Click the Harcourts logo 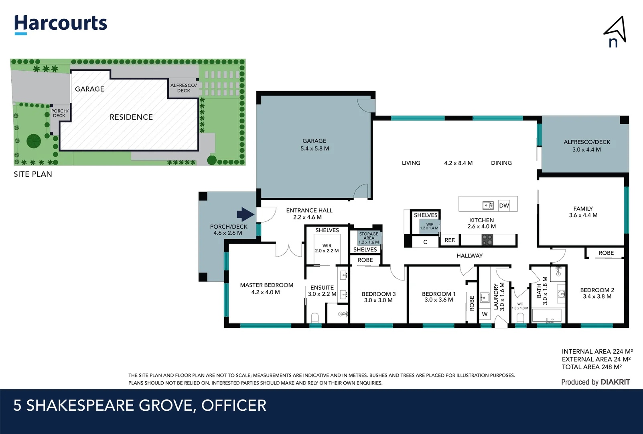click(61, 24)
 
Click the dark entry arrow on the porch click(245, 214)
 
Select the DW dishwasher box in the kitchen click(504, 205)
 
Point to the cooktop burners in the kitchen click(487, 240)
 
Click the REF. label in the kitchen click(450, 240)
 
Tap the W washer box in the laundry click(485, 314)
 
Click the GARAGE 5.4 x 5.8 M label click(314, 145)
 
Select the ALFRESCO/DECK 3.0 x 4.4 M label click(586, 145)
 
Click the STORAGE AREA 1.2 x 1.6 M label click(369, 238)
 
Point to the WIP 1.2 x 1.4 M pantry click(430, 226)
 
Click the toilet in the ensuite click(315, 318)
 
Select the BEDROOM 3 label click(378, 297)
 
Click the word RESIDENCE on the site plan click(131, 117)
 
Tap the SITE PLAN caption click(33, 174)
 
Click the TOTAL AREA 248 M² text click(591, 367)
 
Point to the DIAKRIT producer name click(615, 382)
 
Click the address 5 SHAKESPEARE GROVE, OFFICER click(140, 405)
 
